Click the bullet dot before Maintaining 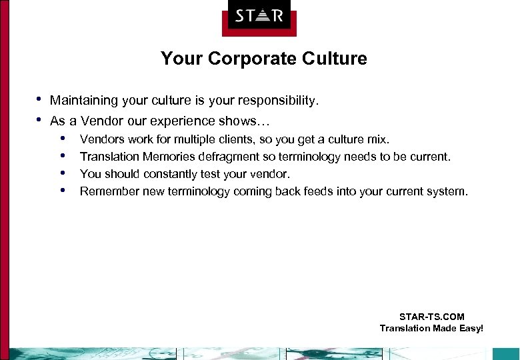click(39, 100)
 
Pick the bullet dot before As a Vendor click(39, 120)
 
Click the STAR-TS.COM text click(431, 317)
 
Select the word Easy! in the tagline click(470, 328)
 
